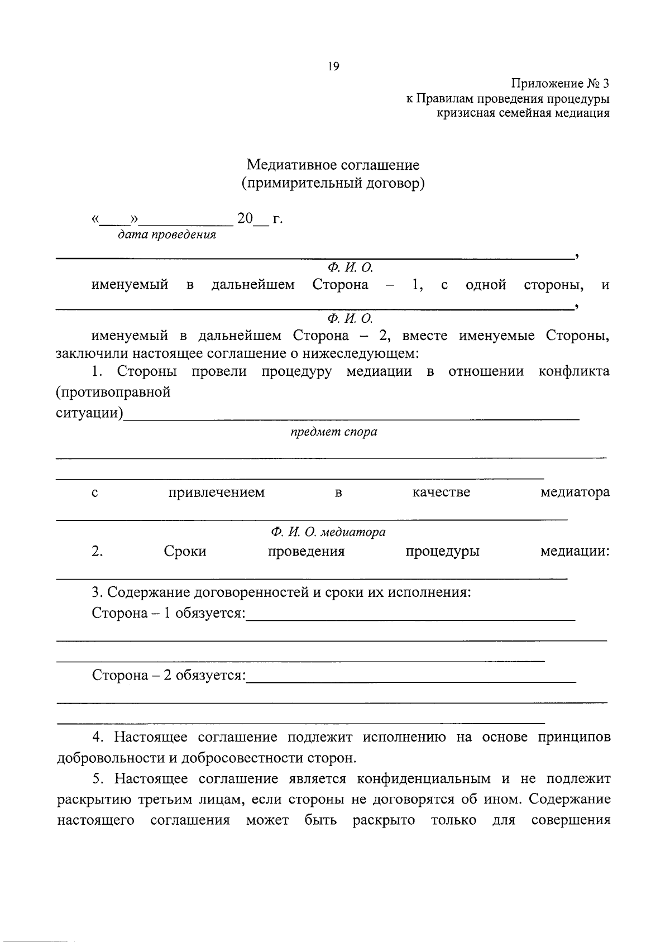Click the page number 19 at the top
point(333,66)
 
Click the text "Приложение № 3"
point(560,84)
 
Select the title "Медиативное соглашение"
point(333,165)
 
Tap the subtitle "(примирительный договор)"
point(333,183)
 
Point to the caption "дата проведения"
point(166,235)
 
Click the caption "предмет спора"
point(333,432)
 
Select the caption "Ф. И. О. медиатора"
point(328,532)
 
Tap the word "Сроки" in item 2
point(185,552)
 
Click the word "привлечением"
point(217,492)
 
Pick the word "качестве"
point(441,492)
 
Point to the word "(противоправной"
point(113,392)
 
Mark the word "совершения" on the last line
point(571,820)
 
